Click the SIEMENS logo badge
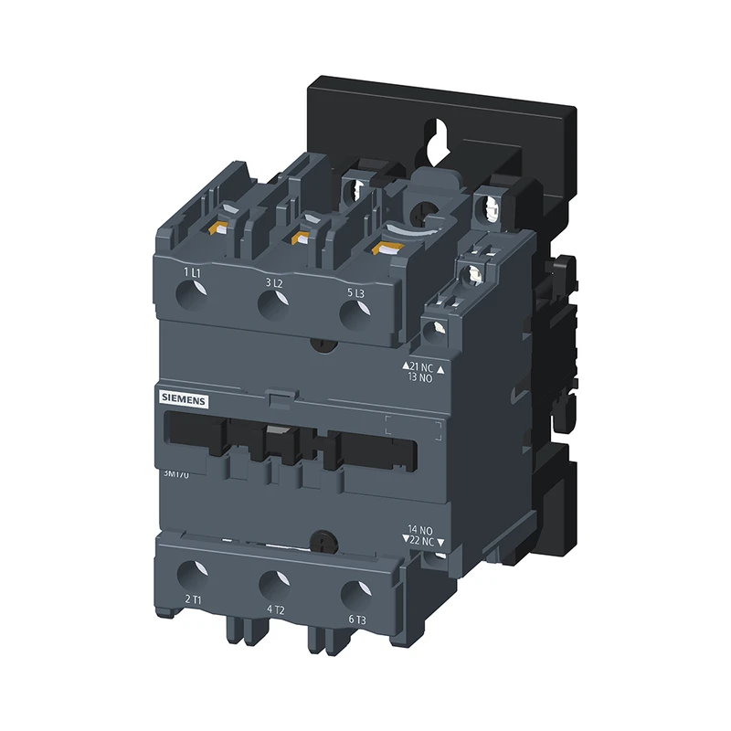pos(185,399)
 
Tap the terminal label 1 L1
pos(192,272)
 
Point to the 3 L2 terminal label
pos(274,283)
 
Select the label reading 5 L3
pos(356,292)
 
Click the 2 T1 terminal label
pos(193,599)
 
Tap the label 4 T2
pos(275,609)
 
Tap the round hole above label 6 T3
pos(355,593)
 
